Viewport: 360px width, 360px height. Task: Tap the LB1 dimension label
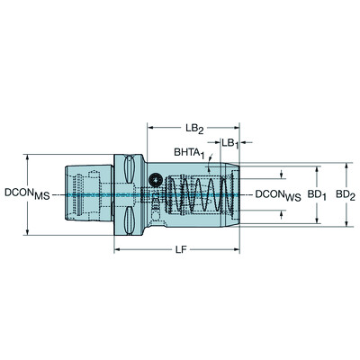[x=229, y=143]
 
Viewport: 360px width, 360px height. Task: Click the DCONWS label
[x=276, y=193]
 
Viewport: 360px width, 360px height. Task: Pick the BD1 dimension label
[x=315, y=193]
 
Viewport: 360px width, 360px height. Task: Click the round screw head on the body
[x=158, y=180]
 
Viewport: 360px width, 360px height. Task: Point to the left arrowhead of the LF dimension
[x=117, y=249]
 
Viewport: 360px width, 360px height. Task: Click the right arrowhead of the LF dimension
[x=239, y=249]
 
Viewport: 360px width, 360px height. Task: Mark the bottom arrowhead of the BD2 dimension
[x=347, y=220]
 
